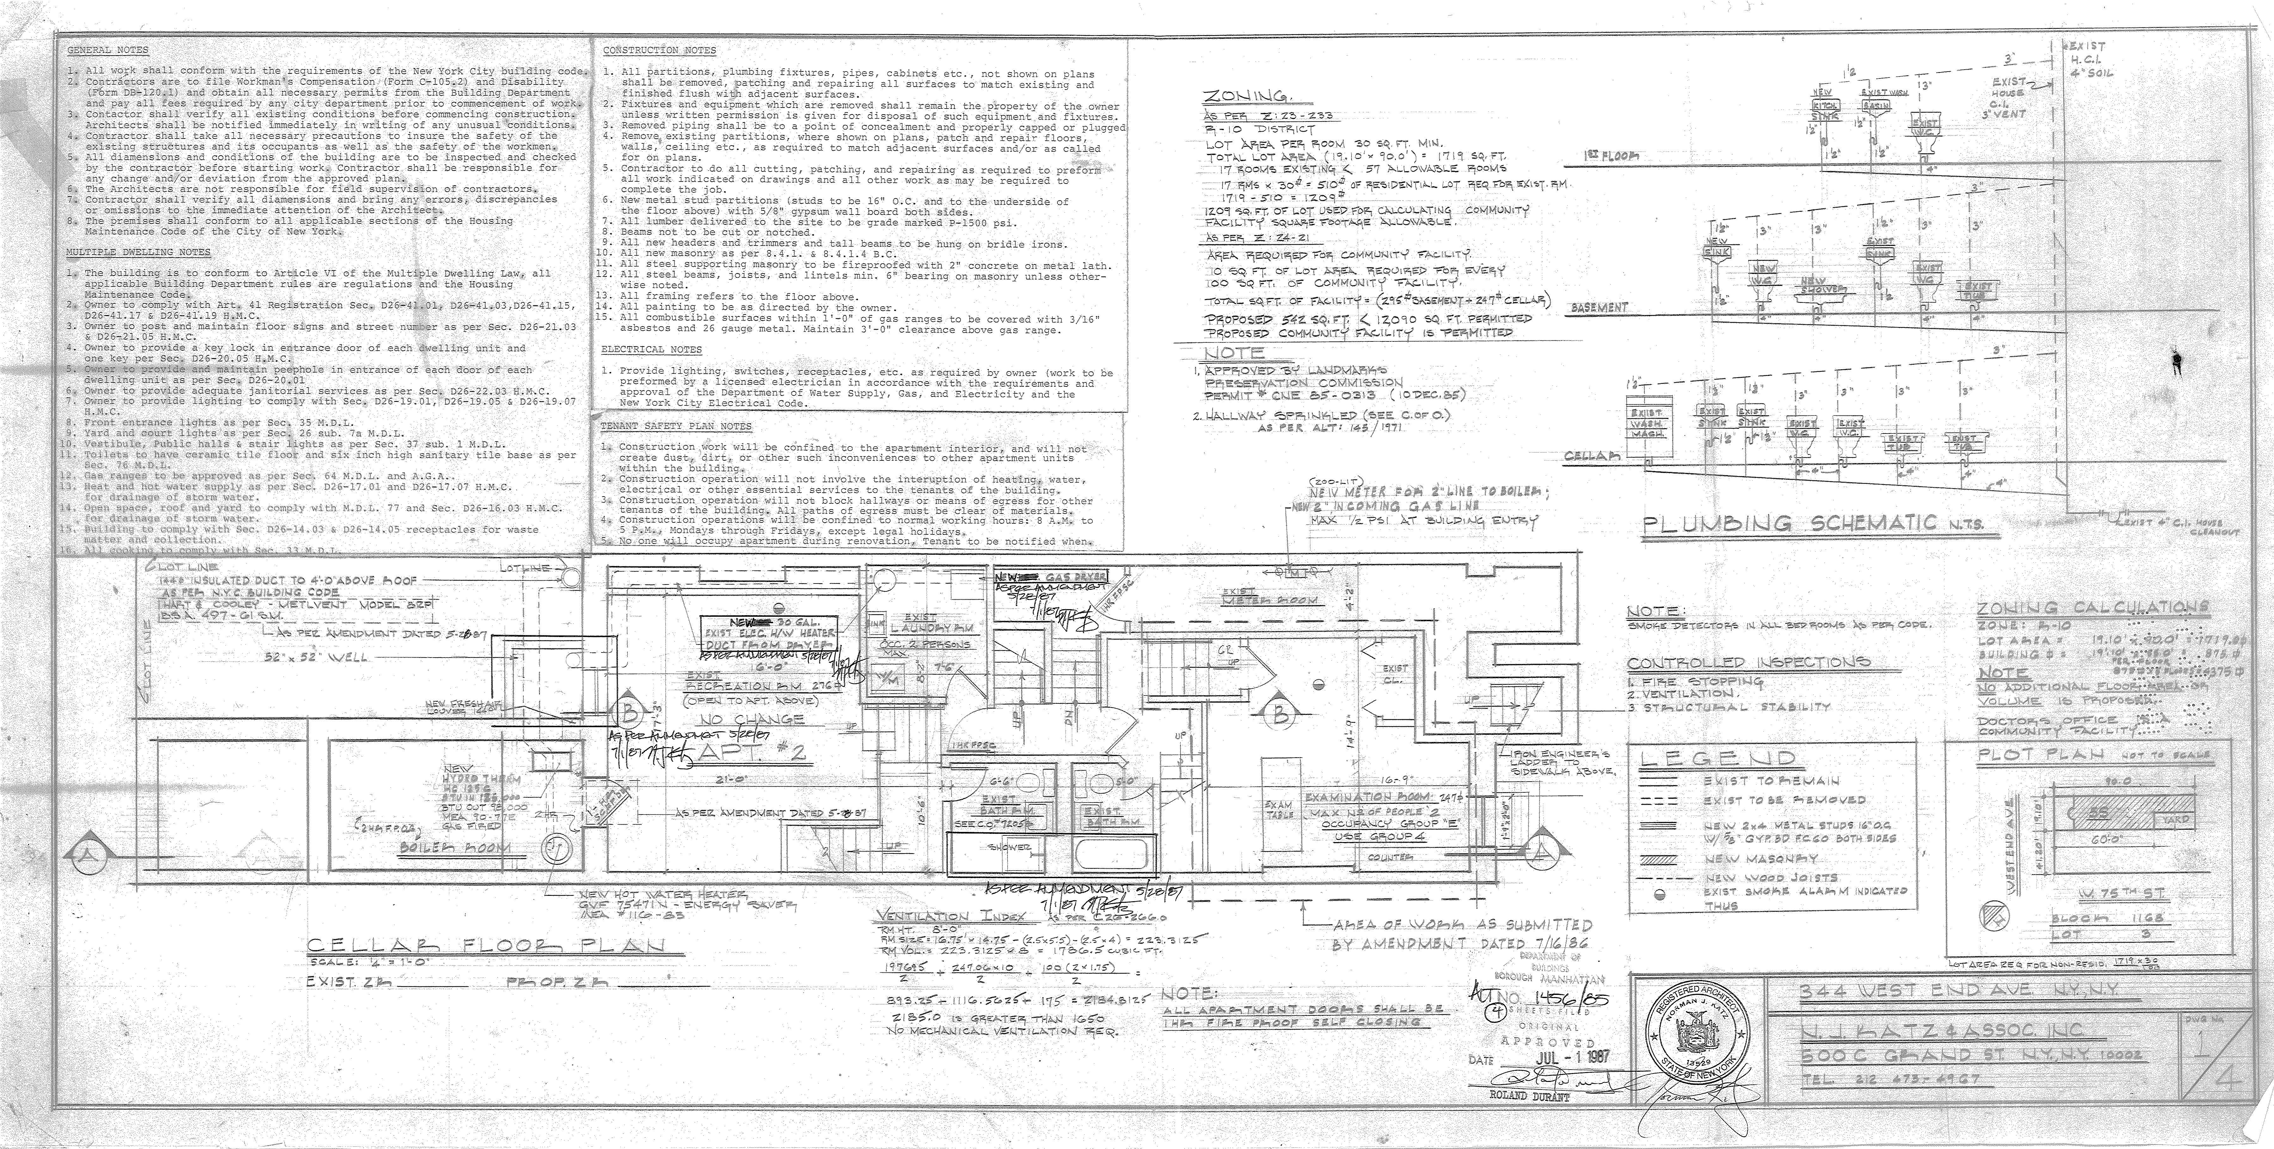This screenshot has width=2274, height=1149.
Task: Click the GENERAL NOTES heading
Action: [108, 50]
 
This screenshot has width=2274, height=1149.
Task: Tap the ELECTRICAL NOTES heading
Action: [651, 350]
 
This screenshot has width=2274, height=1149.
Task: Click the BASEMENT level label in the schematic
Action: [1600, 307]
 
